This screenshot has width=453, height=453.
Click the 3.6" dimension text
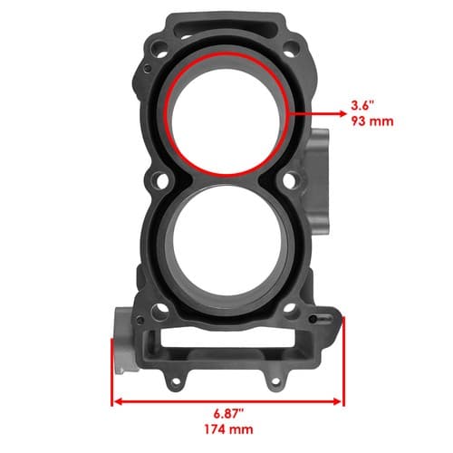coord(362,105)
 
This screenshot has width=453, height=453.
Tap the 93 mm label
coord(372,121)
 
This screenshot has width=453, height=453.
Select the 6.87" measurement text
coord(228,413)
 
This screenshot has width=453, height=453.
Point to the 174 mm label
coord(228,429)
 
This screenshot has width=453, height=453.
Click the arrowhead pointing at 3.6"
coord(342,114)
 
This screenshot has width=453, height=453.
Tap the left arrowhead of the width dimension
coord(118,401)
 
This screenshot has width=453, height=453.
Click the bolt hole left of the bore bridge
coord(161,180)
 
